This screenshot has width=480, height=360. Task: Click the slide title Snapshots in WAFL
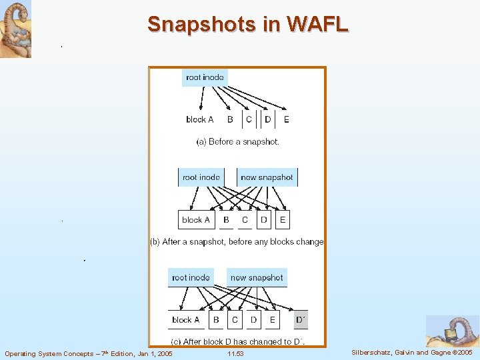pos(248,24)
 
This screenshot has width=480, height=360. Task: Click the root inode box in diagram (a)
pos(205,77)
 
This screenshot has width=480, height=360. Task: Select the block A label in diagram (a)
pos(200,119)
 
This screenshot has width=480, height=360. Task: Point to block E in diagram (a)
pos(286,119)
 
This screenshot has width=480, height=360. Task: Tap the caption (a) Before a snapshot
pos(238,141)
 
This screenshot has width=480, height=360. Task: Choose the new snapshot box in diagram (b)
pos(267,177)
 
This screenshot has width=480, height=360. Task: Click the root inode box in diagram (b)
pos(201,177)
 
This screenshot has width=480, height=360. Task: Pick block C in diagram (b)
pos(245,219)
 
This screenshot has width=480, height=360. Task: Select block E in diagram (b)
pos(283,219)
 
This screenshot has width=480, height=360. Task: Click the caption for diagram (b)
pos(237,241)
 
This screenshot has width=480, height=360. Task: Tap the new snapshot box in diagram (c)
pos(257,277)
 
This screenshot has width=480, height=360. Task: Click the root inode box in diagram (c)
pos(191,277)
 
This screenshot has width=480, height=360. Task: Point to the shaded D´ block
pos(301,320)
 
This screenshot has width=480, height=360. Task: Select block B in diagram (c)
pos(216,320)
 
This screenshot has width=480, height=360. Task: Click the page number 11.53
pos(235,353)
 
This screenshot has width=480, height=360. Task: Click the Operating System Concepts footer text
pos(88,353)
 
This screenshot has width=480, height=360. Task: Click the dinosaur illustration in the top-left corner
pos(15,29)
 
